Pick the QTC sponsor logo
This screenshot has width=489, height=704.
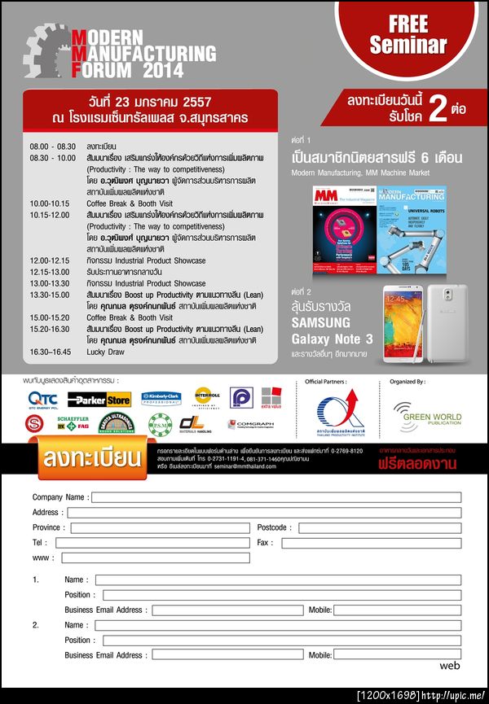42,399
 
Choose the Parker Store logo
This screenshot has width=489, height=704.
99,399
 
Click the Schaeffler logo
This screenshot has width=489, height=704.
73,425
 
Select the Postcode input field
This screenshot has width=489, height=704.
377,527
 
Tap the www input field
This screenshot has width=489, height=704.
155,558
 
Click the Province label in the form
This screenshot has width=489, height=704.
46,527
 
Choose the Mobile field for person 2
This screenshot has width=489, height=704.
397,655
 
